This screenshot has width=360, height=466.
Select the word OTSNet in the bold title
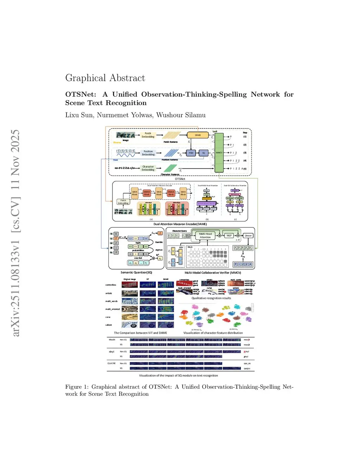coord(81,94)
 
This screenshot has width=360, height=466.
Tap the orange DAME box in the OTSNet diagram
coord(198,135)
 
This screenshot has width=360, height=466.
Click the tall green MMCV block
coord(219,153)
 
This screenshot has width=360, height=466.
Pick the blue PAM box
coord(191,153)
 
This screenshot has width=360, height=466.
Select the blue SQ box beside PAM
coord(204,153)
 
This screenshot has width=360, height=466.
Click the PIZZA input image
coord(126,135)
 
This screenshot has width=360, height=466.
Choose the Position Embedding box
coord(148,153)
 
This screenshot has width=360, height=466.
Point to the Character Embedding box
coord(148,168)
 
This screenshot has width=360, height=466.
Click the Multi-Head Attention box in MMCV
coord(205,235)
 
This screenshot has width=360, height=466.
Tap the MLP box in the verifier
coord(229,235)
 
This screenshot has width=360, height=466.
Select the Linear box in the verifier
coord(248,235)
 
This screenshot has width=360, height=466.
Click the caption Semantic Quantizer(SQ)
coord(136,272)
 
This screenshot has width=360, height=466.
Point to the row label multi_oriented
coord(112,309)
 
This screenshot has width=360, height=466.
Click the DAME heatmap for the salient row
coord(166,325)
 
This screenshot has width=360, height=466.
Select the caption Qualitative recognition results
coord(211,298)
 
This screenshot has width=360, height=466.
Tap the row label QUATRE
coord(111,363)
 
